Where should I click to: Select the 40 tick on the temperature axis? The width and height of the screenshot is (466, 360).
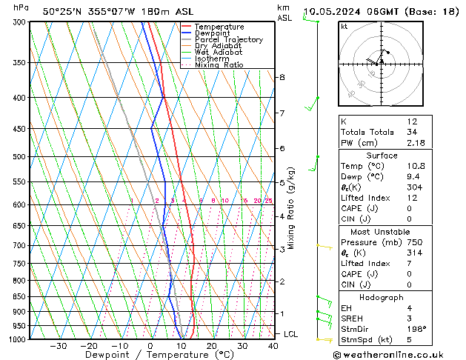point(273,346)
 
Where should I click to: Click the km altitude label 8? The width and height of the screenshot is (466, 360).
point(282,77)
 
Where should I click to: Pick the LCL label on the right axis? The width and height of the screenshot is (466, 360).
point(291,334)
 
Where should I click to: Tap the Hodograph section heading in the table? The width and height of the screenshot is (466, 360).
point(382,297)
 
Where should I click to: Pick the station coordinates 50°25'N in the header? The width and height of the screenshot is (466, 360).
point(63,11)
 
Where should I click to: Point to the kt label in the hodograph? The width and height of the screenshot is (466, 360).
point(344,26)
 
